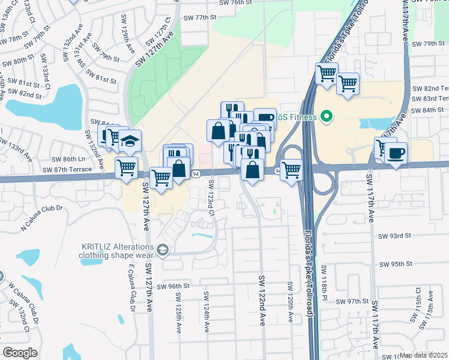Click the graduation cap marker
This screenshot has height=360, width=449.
(x=130, y=142)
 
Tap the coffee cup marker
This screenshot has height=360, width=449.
(x=396, y=154)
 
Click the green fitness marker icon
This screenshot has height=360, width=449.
(x=326, y=116)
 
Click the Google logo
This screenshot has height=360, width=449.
(x=20, y=353)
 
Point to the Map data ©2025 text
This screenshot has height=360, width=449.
(x=424, y=355)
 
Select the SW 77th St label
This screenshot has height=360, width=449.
(x=200, y=17)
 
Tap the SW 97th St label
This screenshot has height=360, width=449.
(x=352, y=301)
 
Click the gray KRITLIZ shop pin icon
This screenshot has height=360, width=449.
(x=161, y=249)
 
